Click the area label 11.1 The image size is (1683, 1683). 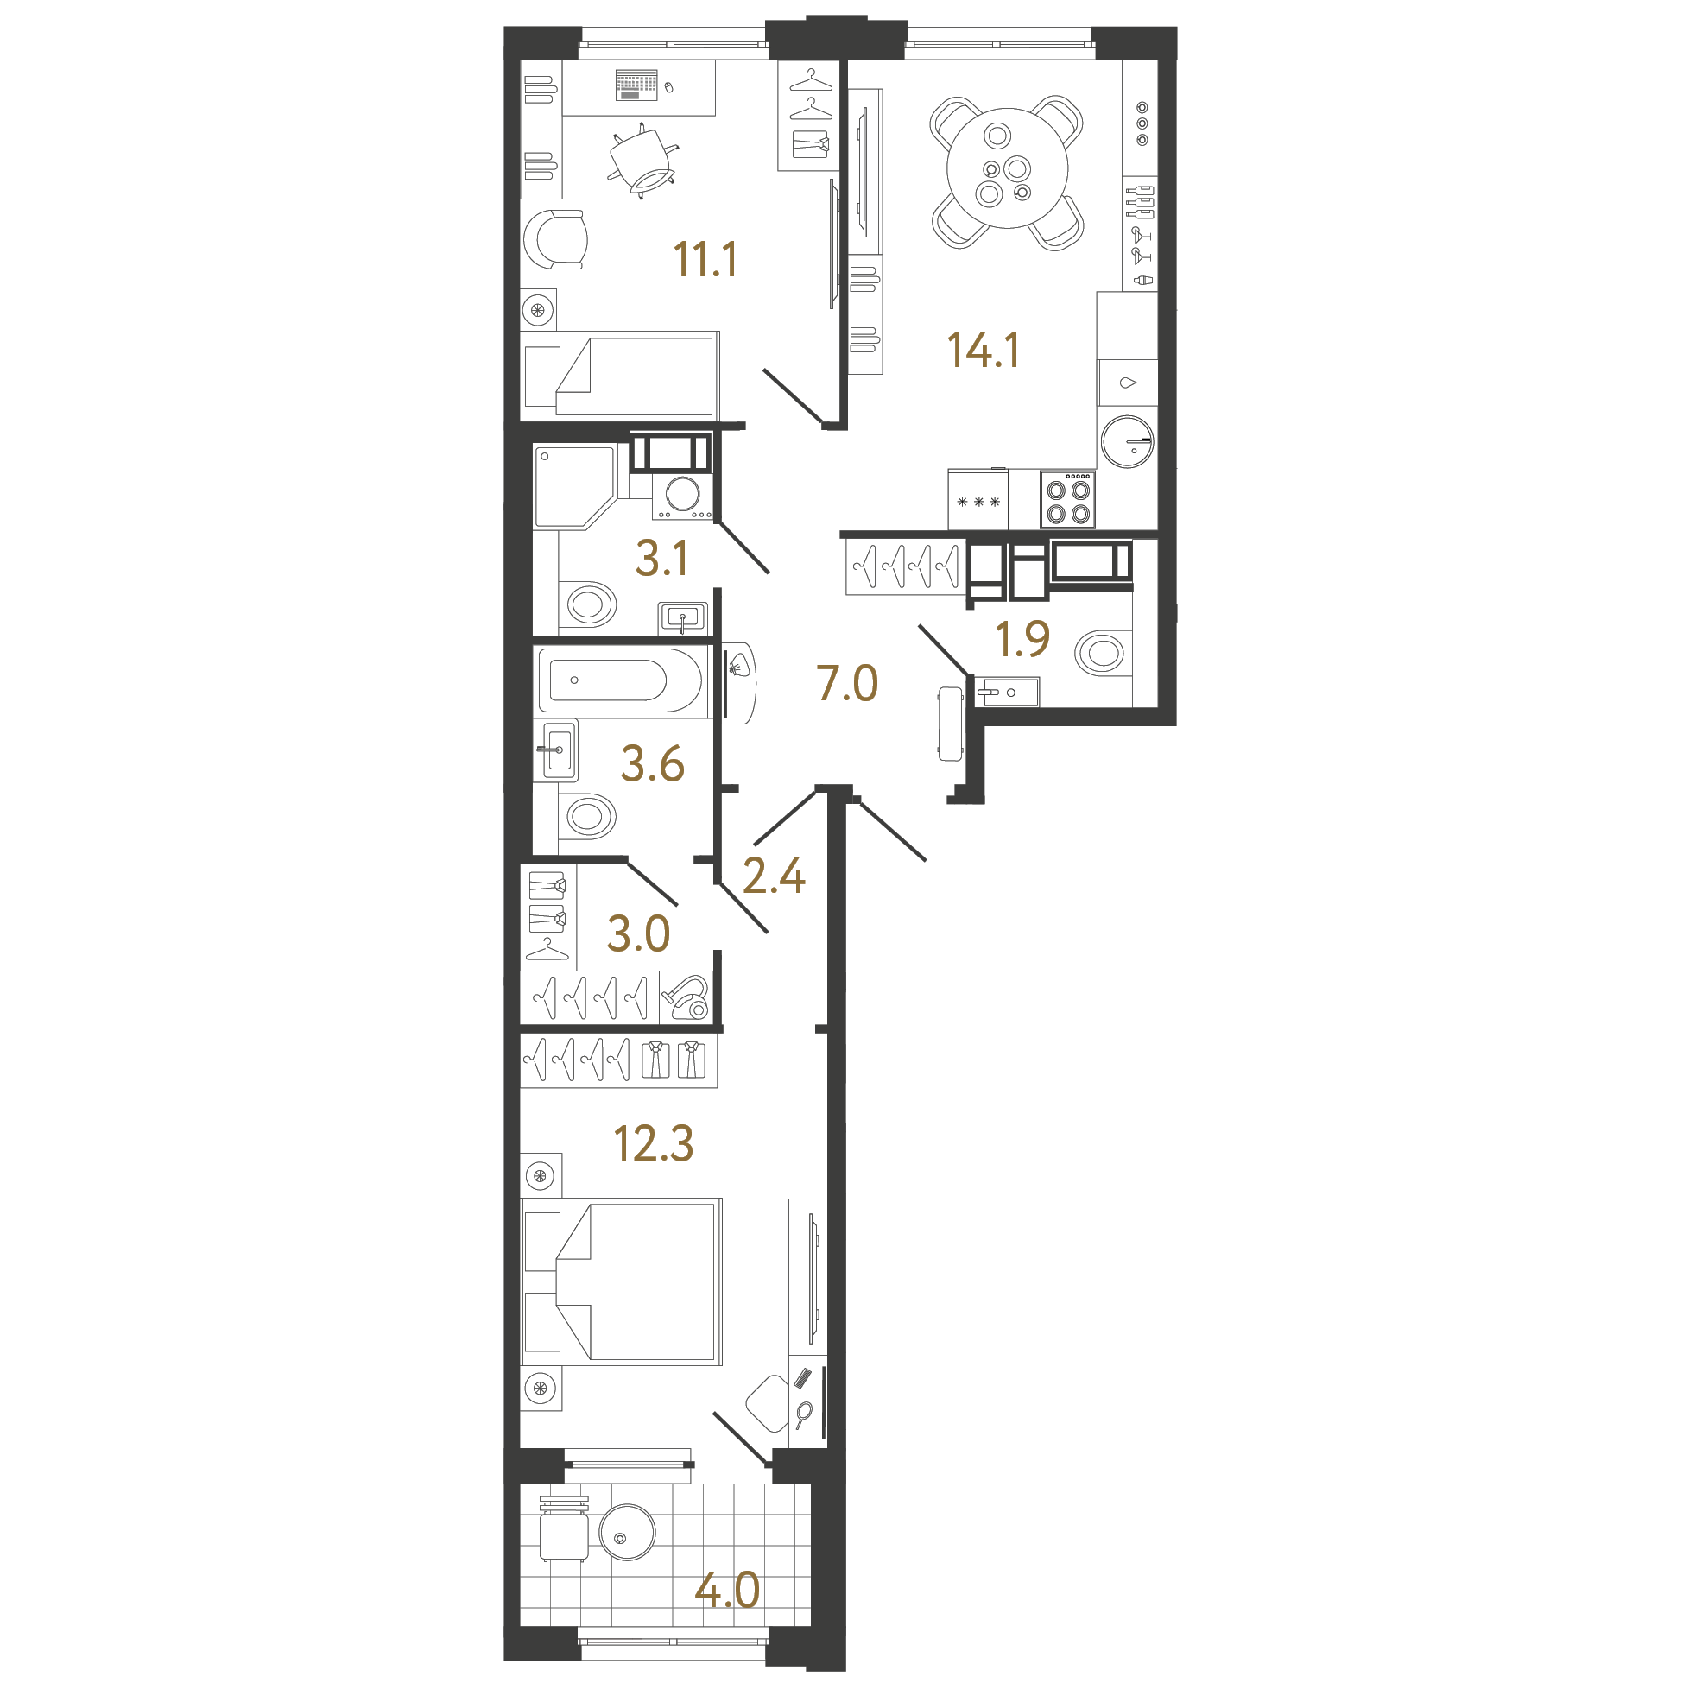(x=705, y=260)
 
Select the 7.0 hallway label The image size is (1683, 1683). (x=847, y=683)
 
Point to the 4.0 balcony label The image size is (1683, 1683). (x=726, y=1591)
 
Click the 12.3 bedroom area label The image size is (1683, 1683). (x=654, y=1144)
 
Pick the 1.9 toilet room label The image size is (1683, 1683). (x=1022, y=639)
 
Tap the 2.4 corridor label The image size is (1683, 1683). (x=774, y=876)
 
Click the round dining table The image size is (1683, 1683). (x=1007, y=168)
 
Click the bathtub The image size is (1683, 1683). (x=620, y=680)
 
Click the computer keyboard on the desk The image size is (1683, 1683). (x=636, y=85)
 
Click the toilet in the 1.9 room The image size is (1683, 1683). (x=1099, y=653)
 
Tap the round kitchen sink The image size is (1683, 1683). (x=1127, y=441)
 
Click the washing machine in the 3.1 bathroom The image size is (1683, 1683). (x=682, y=496)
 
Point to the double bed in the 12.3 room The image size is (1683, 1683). (x=622, y=1281)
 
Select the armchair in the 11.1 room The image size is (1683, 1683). (x=555, y=239)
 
